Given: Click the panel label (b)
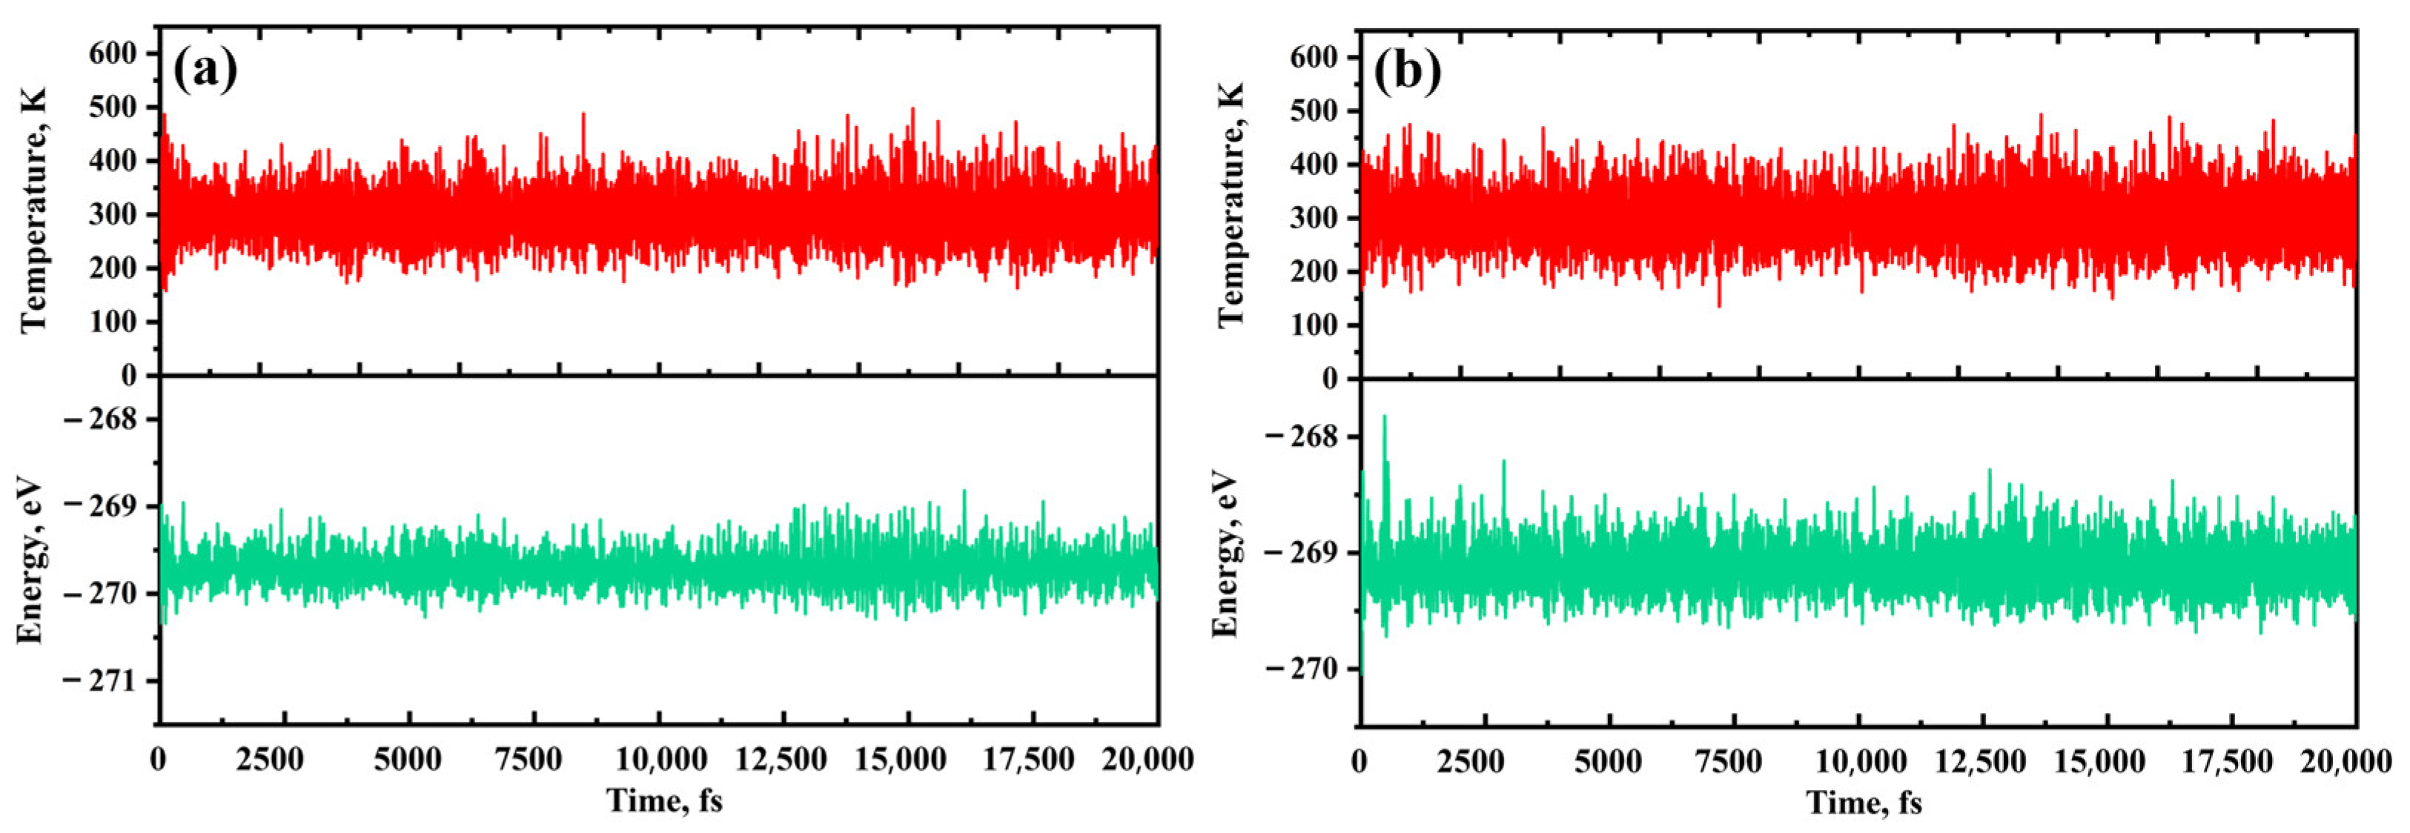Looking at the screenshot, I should [x=1407, y=72].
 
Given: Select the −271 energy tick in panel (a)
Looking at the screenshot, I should [x=99, y=680].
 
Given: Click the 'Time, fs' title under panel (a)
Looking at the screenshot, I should [x=664, y=801].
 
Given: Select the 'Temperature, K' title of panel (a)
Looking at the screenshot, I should [x=33, y=211].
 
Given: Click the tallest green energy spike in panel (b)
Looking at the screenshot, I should [x=1385, y=417].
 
